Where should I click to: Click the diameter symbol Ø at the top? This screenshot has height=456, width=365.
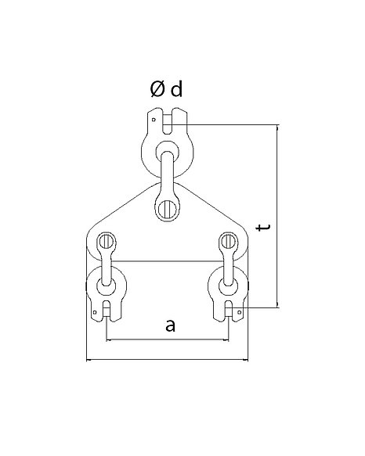coord(157,89)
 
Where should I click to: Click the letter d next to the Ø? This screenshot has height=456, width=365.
coord(177,88)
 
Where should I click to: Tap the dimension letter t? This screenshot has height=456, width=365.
coord(263,227)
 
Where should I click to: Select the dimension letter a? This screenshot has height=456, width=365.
coord(171,325)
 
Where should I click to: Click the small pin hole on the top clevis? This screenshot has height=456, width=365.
coord(154,120)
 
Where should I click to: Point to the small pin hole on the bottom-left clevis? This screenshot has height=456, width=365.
coord(94,312)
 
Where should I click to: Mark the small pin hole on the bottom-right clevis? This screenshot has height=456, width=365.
coord(240,312)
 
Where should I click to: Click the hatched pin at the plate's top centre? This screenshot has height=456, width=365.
coord(168,209)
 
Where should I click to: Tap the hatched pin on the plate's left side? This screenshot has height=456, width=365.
coord(106,242)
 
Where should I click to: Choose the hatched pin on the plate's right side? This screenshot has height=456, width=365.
coord(229,242)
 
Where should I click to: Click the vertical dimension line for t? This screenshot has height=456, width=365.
coord(277,216)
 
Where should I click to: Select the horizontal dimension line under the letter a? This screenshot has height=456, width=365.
coord(168,339)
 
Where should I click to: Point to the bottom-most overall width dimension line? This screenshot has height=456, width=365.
coord(168,360)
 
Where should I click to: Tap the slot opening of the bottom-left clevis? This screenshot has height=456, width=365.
coord(107,311)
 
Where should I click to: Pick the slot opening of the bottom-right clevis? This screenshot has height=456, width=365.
coord(229,311)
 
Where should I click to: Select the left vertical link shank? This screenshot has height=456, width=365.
coord(107,267)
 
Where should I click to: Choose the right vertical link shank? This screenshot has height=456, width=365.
coord(229,267)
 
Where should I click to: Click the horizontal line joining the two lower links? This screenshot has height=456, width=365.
coord(168,261)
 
